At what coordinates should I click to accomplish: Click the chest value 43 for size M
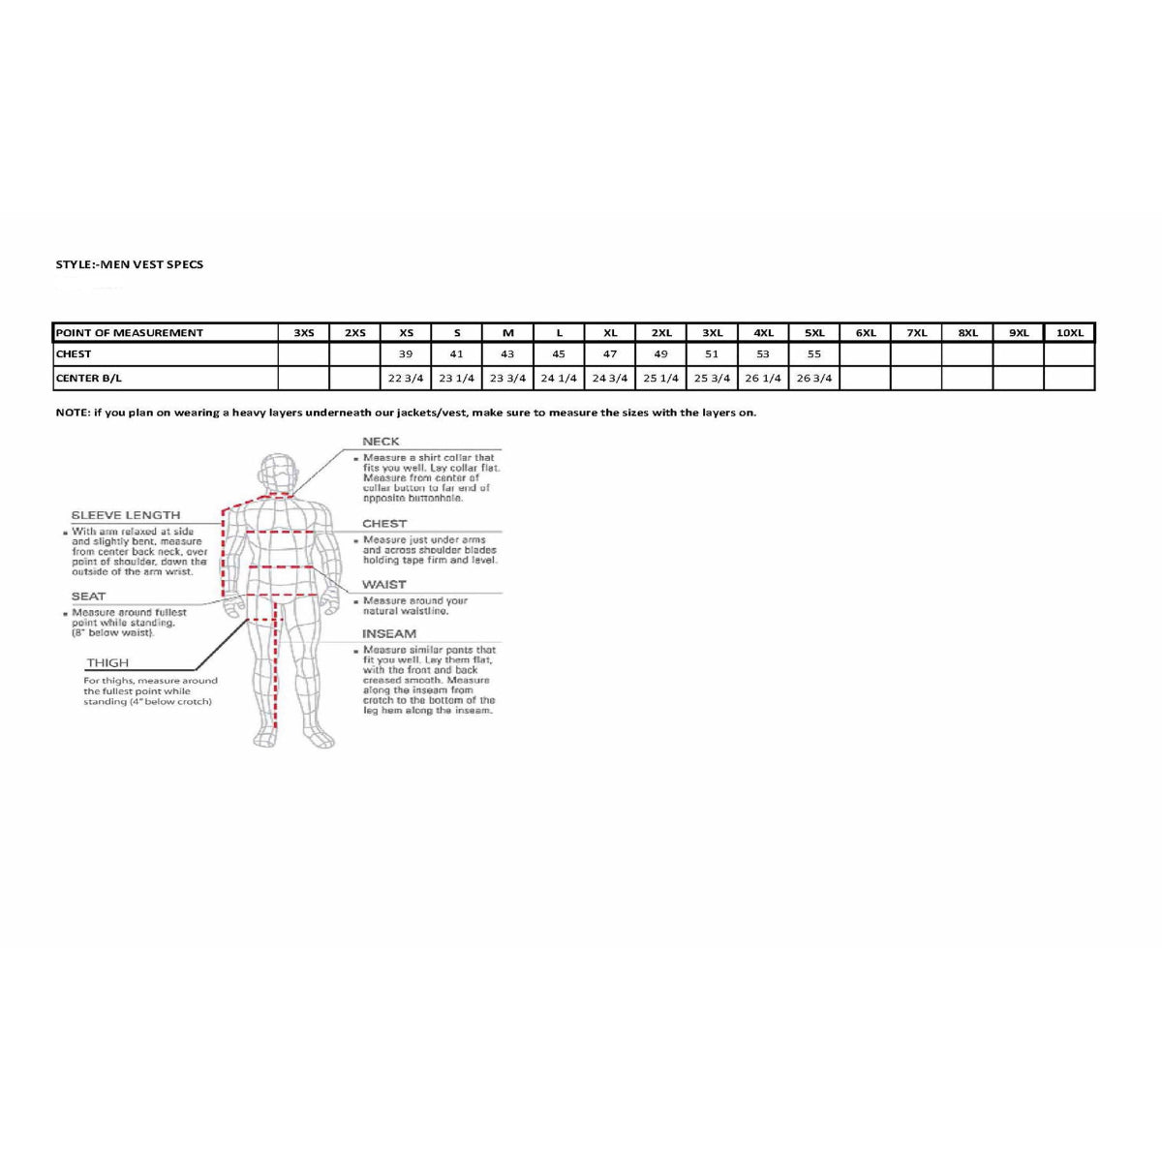click(507, 354)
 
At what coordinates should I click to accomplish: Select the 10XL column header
click(1069, 333)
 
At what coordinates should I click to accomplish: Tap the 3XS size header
click(304, 333)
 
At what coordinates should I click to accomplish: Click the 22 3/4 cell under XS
click(406, 379)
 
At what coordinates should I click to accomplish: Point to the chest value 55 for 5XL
click(814, 354)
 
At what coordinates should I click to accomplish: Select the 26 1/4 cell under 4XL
click(763, 379)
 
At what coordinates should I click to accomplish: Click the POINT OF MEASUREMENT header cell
click(130, 333)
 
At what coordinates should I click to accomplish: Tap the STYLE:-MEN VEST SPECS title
click(130, 264)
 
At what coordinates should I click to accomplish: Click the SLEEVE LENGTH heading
click(126, 515)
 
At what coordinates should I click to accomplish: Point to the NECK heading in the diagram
click(381, 442)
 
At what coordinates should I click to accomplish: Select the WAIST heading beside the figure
click(384, 585)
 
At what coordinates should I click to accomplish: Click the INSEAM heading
click(389, 634)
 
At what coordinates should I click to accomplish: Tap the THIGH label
click(107, 663)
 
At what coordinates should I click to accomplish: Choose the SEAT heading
click(88, 596)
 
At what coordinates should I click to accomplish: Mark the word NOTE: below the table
click(73, 413)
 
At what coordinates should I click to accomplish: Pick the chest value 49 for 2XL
click(660, 354)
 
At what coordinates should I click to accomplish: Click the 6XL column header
click(866, 333)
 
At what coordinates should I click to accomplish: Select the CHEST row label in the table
click(74, 354)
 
